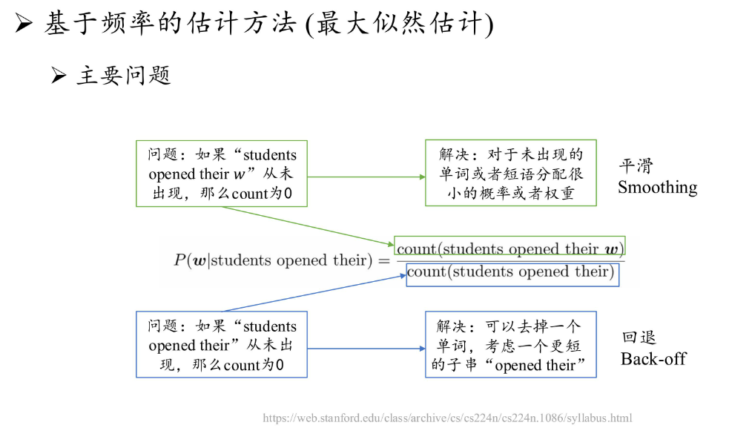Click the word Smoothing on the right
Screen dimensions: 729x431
657,188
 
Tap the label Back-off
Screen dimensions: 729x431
653,359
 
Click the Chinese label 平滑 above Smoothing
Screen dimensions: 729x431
636,166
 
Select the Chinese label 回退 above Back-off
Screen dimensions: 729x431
639,337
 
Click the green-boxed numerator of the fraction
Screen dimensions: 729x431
509,249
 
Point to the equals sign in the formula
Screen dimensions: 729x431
384,261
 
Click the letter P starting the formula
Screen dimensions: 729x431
180,260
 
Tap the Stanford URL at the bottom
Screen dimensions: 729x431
447,418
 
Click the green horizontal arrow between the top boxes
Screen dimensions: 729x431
366,177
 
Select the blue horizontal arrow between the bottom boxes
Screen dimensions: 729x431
366,348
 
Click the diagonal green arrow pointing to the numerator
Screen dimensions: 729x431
308,226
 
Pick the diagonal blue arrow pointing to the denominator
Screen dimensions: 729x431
314,293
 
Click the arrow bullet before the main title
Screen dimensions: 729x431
23,22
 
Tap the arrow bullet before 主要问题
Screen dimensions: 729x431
59,75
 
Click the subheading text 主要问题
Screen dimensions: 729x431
124,76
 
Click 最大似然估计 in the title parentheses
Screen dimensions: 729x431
400,23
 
